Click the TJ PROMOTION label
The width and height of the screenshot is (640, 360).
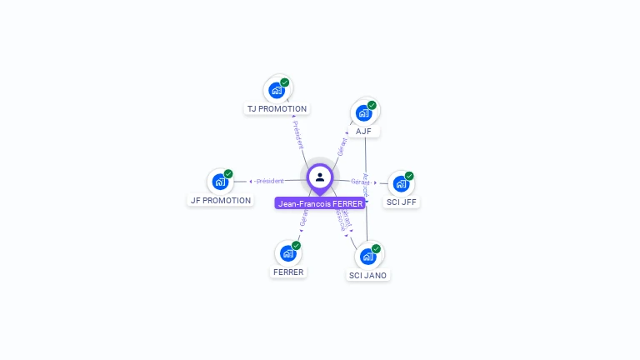(x=277, y=108)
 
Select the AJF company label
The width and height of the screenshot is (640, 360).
(x=363, y=131)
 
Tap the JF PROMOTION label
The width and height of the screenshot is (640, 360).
(x=220, y=200)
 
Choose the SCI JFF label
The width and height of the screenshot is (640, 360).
(x=402, y=202)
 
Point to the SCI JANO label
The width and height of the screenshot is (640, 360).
(x=367, y=275)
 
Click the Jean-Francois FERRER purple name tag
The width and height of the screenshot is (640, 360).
(x=320, y=203)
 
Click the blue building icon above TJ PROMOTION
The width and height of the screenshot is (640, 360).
(x=277, y=90)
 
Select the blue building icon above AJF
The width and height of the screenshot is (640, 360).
(x=363, y=112)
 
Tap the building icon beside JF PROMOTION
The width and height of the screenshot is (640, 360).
(x=220, y=182)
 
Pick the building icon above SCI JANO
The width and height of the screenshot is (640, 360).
(x=367, y=256)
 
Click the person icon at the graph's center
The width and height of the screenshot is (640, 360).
(x=320, y=177)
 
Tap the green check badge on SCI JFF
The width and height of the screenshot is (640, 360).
(x=409, y=176)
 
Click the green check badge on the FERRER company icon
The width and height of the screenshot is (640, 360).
(x=296, y=245)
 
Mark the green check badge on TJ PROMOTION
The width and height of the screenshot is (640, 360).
(x=285, y=82)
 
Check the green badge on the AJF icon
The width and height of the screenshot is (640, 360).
(x=372, y=105)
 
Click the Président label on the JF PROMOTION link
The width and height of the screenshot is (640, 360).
(x=270, y=181)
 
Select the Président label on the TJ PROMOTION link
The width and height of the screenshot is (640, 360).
(x=298, y=135)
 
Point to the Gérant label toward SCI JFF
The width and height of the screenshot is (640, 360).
(x=360, y=182)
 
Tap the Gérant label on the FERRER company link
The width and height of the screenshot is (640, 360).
(x=304, y=217)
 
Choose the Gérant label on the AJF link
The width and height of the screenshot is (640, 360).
(x=342, y=147)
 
